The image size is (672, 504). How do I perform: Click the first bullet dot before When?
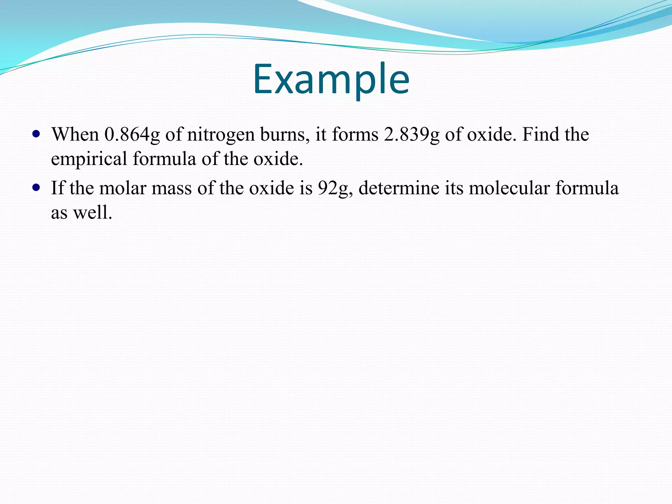36,134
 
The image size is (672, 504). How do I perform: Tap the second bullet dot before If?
36,188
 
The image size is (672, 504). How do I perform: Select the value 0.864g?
132,135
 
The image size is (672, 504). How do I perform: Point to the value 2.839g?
411,135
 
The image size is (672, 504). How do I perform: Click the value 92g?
335,189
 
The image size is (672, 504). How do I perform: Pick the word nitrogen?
220,135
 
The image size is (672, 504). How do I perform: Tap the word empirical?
89,159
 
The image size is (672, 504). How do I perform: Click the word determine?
399,188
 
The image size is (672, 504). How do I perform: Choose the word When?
75,134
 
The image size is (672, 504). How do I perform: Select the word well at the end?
92,212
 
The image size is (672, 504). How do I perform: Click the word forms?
355,134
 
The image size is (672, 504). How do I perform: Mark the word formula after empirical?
164,158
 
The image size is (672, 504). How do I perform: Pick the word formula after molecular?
587,188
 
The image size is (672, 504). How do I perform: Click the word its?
454,188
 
